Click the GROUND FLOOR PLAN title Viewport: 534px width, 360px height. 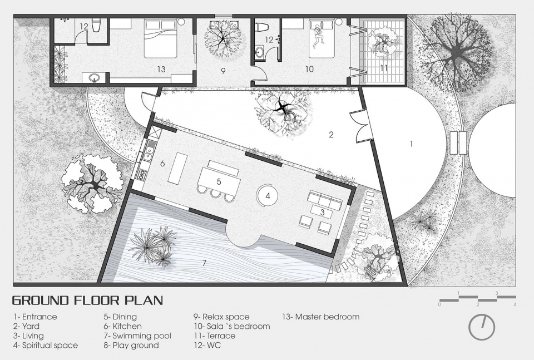click(x=87, y=300)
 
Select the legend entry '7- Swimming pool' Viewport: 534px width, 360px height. click(x=137, y=336)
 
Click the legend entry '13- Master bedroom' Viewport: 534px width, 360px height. click(x=321, y=317)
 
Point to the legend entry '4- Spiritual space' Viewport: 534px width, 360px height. click(x=46, y=346)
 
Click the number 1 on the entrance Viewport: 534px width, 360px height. click(x=411, y=144)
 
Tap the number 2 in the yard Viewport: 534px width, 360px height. click(x=331, y=135)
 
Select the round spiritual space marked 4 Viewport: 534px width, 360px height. click(x=268, y=196)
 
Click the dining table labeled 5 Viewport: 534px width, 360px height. click(x=219, y=181)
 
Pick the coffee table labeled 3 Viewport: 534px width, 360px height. click(x=322, y=212)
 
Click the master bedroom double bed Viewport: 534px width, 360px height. click(x=161, y=38)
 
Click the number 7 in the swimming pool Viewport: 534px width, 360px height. click(x=204, y=263)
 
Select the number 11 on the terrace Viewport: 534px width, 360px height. click(x=384, y=68)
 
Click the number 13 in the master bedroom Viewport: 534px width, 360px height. click(x=161, y=69)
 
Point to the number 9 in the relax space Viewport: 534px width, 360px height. click(x=223, y=71)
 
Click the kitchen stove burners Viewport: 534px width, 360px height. click(x=141, y=175)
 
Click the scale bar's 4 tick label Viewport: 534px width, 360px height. click(x=515, y=304)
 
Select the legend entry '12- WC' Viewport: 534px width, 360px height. click(x=207, y=346)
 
